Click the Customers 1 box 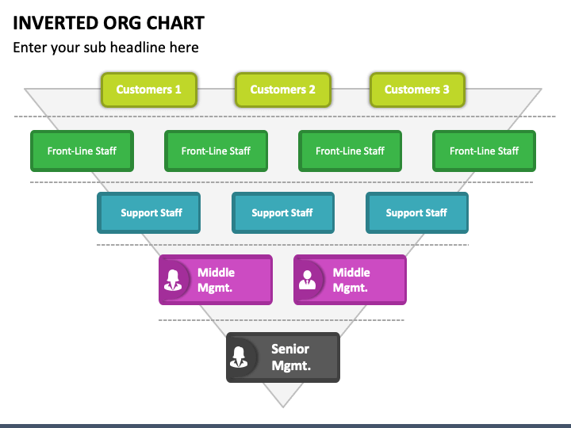pyautogui.click(x=149, y=90)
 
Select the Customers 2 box pyautogui.click(x=283, y=90)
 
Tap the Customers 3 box pyautogui.click(x=417, y=90)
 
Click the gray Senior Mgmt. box pyautogui.click(x=283, y=357)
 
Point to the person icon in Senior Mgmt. pyautogui.click(x=239, y=357)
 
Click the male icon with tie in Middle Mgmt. pyautogui.click(x=308, y=280)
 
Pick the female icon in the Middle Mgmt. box pyautogui.click(x=173, y=280)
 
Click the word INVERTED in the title pyautogui.click(x=56, y=23)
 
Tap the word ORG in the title pyautogui.click(x=123, y=23)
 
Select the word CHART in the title pyautogui.click(x=175, y=23)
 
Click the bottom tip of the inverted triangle pyautogui.click(x=283, y=407)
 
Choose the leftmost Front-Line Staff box pyautogui.click(x=82, y=151)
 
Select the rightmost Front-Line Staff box pyautogui.click(x=484, y=151)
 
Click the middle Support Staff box pyautogui.click(x=283, y=213)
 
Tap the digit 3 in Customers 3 pyautogui.click(x=446, y=90)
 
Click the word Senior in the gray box pyautogui.click(x=290, y=349)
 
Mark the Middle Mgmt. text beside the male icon pyautogui.click(x=351, y=280)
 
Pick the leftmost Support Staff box pyautogui.click(x=148, y=213)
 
